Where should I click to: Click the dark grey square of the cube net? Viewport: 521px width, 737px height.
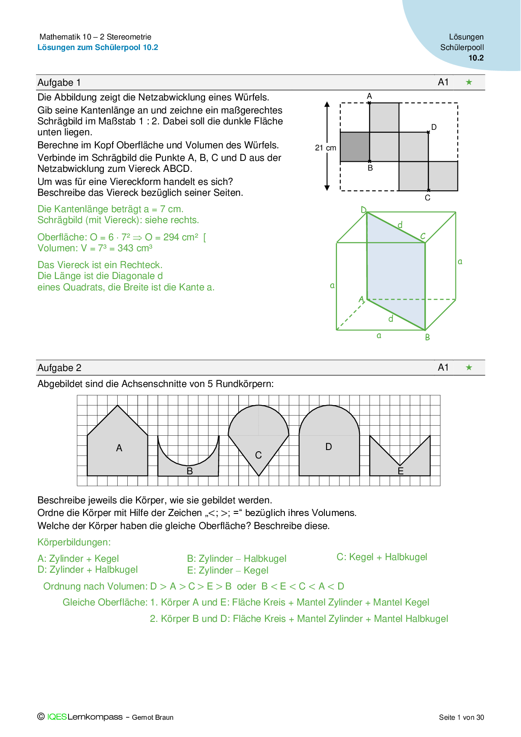pos(355,147)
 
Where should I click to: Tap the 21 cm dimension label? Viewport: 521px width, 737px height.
pos(326,148)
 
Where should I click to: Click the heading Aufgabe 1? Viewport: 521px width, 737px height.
pos(59,83)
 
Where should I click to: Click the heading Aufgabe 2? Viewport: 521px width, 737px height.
pos(59,368)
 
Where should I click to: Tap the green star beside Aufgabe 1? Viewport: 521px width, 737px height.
pos(469,82)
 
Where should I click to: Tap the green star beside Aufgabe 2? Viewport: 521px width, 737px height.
pos(469,368)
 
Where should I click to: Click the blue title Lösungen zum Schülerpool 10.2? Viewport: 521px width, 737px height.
pos(98,47)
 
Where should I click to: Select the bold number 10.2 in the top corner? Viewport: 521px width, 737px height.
pos(476,58)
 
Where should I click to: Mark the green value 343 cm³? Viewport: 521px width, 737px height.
pos(135,248)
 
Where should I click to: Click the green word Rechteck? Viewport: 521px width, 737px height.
pos(141,265)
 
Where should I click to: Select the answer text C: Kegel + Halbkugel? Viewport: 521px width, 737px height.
pos(382,557)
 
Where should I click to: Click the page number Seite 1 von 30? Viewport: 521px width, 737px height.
pos(461,717)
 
